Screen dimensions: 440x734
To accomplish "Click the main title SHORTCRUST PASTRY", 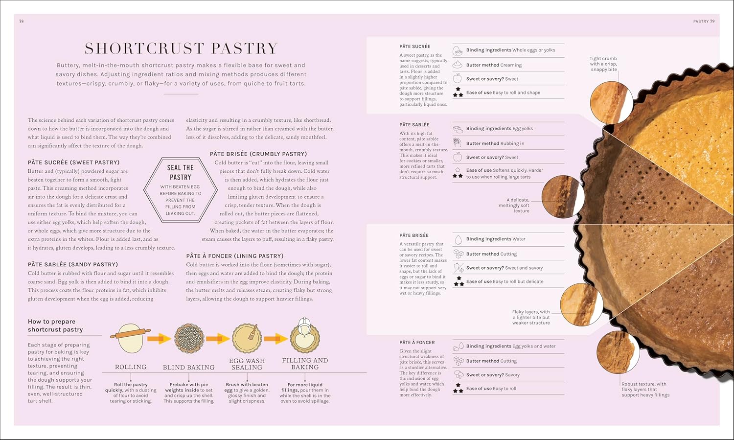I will click(181, 48).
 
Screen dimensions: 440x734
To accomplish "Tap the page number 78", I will click(21, 21).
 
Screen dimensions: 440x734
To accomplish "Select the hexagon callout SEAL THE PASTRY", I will click(180, 189).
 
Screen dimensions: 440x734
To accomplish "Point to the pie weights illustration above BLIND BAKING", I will click(189, 338).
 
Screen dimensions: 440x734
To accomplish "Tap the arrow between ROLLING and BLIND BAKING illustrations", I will click(159, 338).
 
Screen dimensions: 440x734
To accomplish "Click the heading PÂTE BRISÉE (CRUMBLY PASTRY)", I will click(258, 154).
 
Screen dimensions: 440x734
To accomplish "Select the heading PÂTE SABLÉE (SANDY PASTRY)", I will click(73, 264).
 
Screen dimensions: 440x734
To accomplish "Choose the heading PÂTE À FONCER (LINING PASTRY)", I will click(235, 256).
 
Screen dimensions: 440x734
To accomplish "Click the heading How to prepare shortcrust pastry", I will click(55, 325).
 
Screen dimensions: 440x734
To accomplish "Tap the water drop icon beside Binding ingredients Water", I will click(458, 239).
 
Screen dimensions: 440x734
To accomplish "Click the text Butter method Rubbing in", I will click(495, 143).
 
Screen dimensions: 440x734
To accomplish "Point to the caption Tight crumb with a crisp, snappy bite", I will click(603, 64).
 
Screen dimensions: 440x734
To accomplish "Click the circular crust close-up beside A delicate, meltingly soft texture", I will click(563, 197).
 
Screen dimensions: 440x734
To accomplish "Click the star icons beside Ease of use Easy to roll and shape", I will click(458, 93).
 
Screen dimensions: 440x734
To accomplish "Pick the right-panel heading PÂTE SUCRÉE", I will click(414, 46).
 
